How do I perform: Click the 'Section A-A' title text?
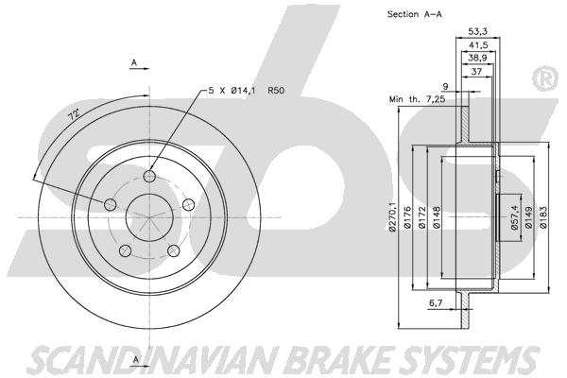tap(415, 14)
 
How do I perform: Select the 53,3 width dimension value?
tap(477, 31)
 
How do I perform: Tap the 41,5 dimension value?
tap(478, 45)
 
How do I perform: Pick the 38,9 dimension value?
tap(477, 58)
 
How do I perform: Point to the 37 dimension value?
tap(477, 71)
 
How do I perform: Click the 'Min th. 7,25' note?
tap(417, 98)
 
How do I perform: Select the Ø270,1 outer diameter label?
tap(392, 217)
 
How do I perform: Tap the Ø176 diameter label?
tap(407, 217)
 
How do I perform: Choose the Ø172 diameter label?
tap(421, 217)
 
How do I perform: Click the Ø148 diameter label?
tap(436, 217)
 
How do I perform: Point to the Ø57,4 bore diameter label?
tap(515, 217)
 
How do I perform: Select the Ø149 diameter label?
tap(528, 217)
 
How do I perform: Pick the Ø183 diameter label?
tap(543, 217)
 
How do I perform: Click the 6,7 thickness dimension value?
tap(436, 303)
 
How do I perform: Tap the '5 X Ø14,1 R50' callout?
tap(247, 90)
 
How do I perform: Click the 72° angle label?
tap(75, 115)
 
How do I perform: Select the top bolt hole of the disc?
tap(149, 177)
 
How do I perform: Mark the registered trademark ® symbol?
tap(546, 79)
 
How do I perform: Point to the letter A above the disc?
tap(134, 62)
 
